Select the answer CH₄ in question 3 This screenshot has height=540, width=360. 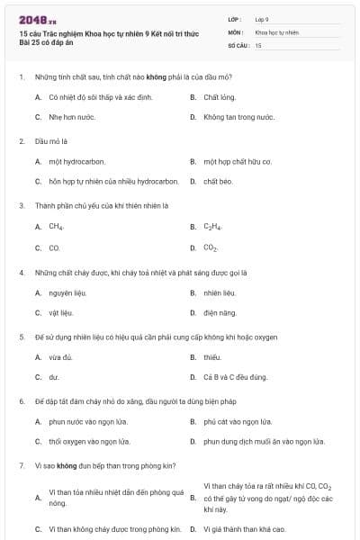coord(56,227)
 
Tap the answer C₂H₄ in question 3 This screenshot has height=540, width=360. coord(212,227)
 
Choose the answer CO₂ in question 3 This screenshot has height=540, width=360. coord(211,247)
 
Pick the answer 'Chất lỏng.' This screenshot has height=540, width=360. coord(220,96)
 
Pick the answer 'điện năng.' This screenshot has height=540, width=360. coord(220,313)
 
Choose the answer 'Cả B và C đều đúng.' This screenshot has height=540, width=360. coord(235,378)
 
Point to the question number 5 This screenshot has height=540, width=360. coord(21,337)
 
